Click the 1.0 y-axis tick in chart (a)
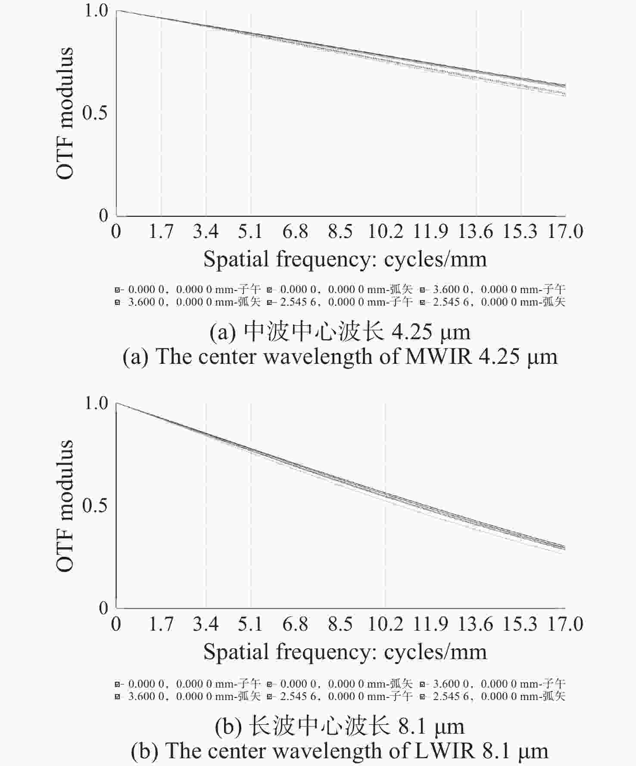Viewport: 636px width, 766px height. pyautogui.click(x=96, y=10)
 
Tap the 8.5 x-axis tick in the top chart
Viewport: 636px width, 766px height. pyautogui.click(x=340, y=231)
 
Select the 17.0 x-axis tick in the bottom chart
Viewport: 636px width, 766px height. pyautogui.click(x=565, y=624)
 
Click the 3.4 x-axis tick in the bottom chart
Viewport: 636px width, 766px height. pyautogui.click(x=206, y=624)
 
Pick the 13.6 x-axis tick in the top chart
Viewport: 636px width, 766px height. pyautogui.click(x=475, y=231)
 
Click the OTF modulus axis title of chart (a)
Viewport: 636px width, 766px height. pyautogui.click(x=65, y=113)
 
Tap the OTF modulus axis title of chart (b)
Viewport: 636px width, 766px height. pyautogui.click(x=65, y=506)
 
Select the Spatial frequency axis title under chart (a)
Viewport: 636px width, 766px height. pyautogui.click(x=345, y=259)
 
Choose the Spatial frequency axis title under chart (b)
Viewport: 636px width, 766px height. pyautogui.click(x=345, y=652)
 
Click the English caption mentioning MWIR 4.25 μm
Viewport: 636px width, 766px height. pyautogui.click(x=340, y=357)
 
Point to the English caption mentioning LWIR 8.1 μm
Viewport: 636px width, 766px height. pyautogui.click(x=340, y=751)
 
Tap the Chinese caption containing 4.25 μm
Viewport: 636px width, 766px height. pyautogui.click(x=340, y=332)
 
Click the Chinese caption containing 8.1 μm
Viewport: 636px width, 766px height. pyautogui.click(x=340, y=726)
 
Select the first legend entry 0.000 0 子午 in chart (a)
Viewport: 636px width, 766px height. pyautogui.click(x=188, y=289)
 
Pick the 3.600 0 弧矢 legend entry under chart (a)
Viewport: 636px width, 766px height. pyautogui.click(x=188, y=302)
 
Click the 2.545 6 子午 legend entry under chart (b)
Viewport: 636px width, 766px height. pyautogui.click(x=340, y=696)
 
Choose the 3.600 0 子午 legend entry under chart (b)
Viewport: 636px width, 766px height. pyautogui.click(x=493, y=684)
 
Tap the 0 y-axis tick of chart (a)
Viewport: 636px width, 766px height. pyautogui.click(x=103, y=216)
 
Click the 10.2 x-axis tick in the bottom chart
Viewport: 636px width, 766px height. pyautogui.click(x=385, y=624)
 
